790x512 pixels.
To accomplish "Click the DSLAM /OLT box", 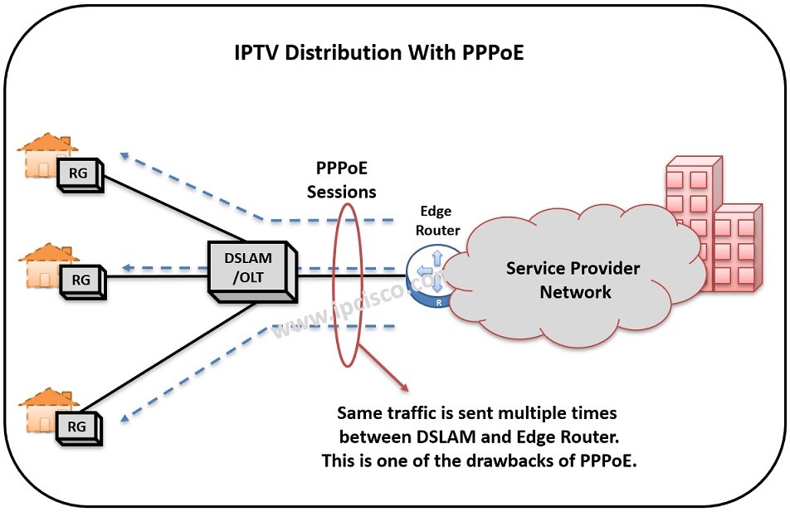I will coord(251,268).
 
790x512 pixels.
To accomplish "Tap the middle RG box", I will coord(80,280).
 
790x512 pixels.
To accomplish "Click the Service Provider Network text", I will coord(573,280).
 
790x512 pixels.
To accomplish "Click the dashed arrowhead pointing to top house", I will coord(124,154).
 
